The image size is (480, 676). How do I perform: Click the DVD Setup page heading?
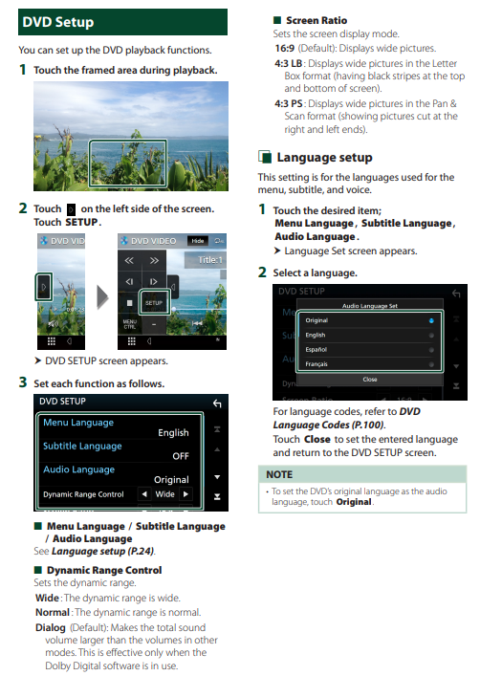pos(57,22)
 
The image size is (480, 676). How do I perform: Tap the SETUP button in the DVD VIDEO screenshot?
pos(154,303)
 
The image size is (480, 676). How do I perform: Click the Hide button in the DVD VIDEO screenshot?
pos(198,241)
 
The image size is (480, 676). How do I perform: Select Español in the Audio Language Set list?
pos(316,350)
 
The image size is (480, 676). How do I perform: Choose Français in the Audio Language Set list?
pos(316,364)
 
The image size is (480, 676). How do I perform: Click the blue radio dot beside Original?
pos(431,320)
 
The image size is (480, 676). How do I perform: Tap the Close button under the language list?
pos(370,380)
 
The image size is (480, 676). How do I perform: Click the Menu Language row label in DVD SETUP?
pos(78,423)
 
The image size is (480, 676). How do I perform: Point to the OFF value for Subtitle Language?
pos(181,456)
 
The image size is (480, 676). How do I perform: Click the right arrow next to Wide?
pos(185,494)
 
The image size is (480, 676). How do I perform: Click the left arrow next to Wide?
pos(144,494)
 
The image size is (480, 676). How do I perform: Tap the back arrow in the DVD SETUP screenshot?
pos(217,403)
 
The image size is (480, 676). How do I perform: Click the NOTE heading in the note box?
pos(279,474)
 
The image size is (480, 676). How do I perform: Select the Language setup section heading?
pos(324,158)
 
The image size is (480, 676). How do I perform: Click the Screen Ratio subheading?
pos(316,20)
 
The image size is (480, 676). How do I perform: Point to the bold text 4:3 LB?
pos(289,63)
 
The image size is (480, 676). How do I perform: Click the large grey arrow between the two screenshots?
pos(102,297)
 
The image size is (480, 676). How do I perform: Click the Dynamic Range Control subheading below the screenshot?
pos(104,570)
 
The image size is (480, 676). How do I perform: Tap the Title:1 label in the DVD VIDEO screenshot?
pos(210,260)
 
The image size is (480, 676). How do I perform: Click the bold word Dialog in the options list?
pos(51,627)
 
